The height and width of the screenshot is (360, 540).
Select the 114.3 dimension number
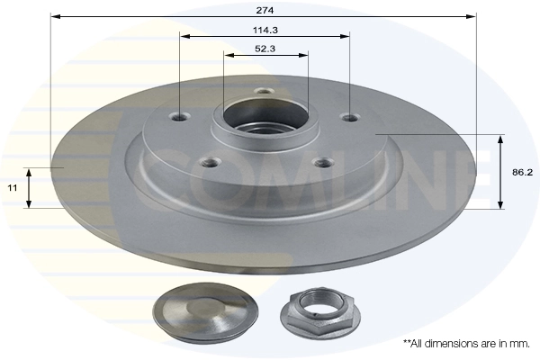pos(264,28)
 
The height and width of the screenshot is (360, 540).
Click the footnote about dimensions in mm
pos(466,344)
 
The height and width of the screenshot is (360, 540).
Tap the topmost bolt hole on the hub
pos(263,91)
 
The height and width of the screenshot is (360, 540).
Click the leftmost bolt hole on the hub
pos(180,116)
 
